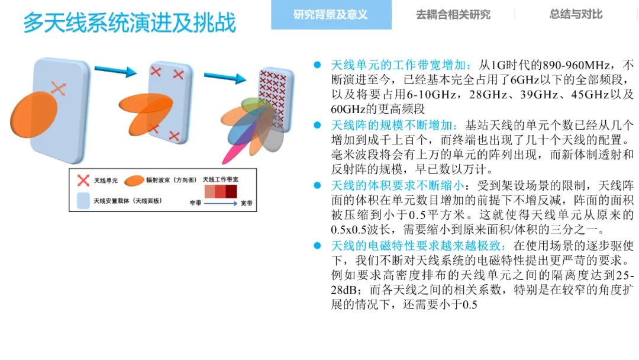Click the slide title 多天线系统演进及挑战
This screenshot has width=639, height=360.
tap(130, 22)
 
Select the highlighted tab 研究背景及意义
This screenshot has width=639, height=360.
tap(331, 15)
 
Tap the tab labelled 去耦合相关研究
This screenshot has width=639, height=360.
tap(453, 15)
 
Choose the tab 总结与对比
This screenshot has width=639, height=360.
tap(576, 14)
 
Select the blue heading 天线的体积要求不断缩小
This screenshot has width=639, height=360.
tap(398, 185)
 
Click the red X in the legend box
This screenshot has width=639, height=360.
tap(83, 180)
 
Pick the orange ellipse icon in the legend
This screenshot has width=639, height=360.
tap(134, 181)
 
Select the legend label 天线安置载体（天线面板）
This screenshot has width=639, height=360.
tap(128, 201)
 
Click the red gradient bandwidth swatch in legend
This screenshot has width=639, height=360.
tap(221, 192)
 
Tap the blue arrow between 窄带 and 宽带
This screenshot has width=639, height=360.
tap(221, 203)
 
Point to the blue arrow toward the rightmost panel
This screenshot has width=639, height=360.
tap(225, 78)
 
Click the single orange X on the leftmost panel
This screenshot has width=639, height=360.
tap(58, 88)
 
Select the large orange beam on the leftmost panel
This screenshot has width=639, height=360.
tap(34, 115)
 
